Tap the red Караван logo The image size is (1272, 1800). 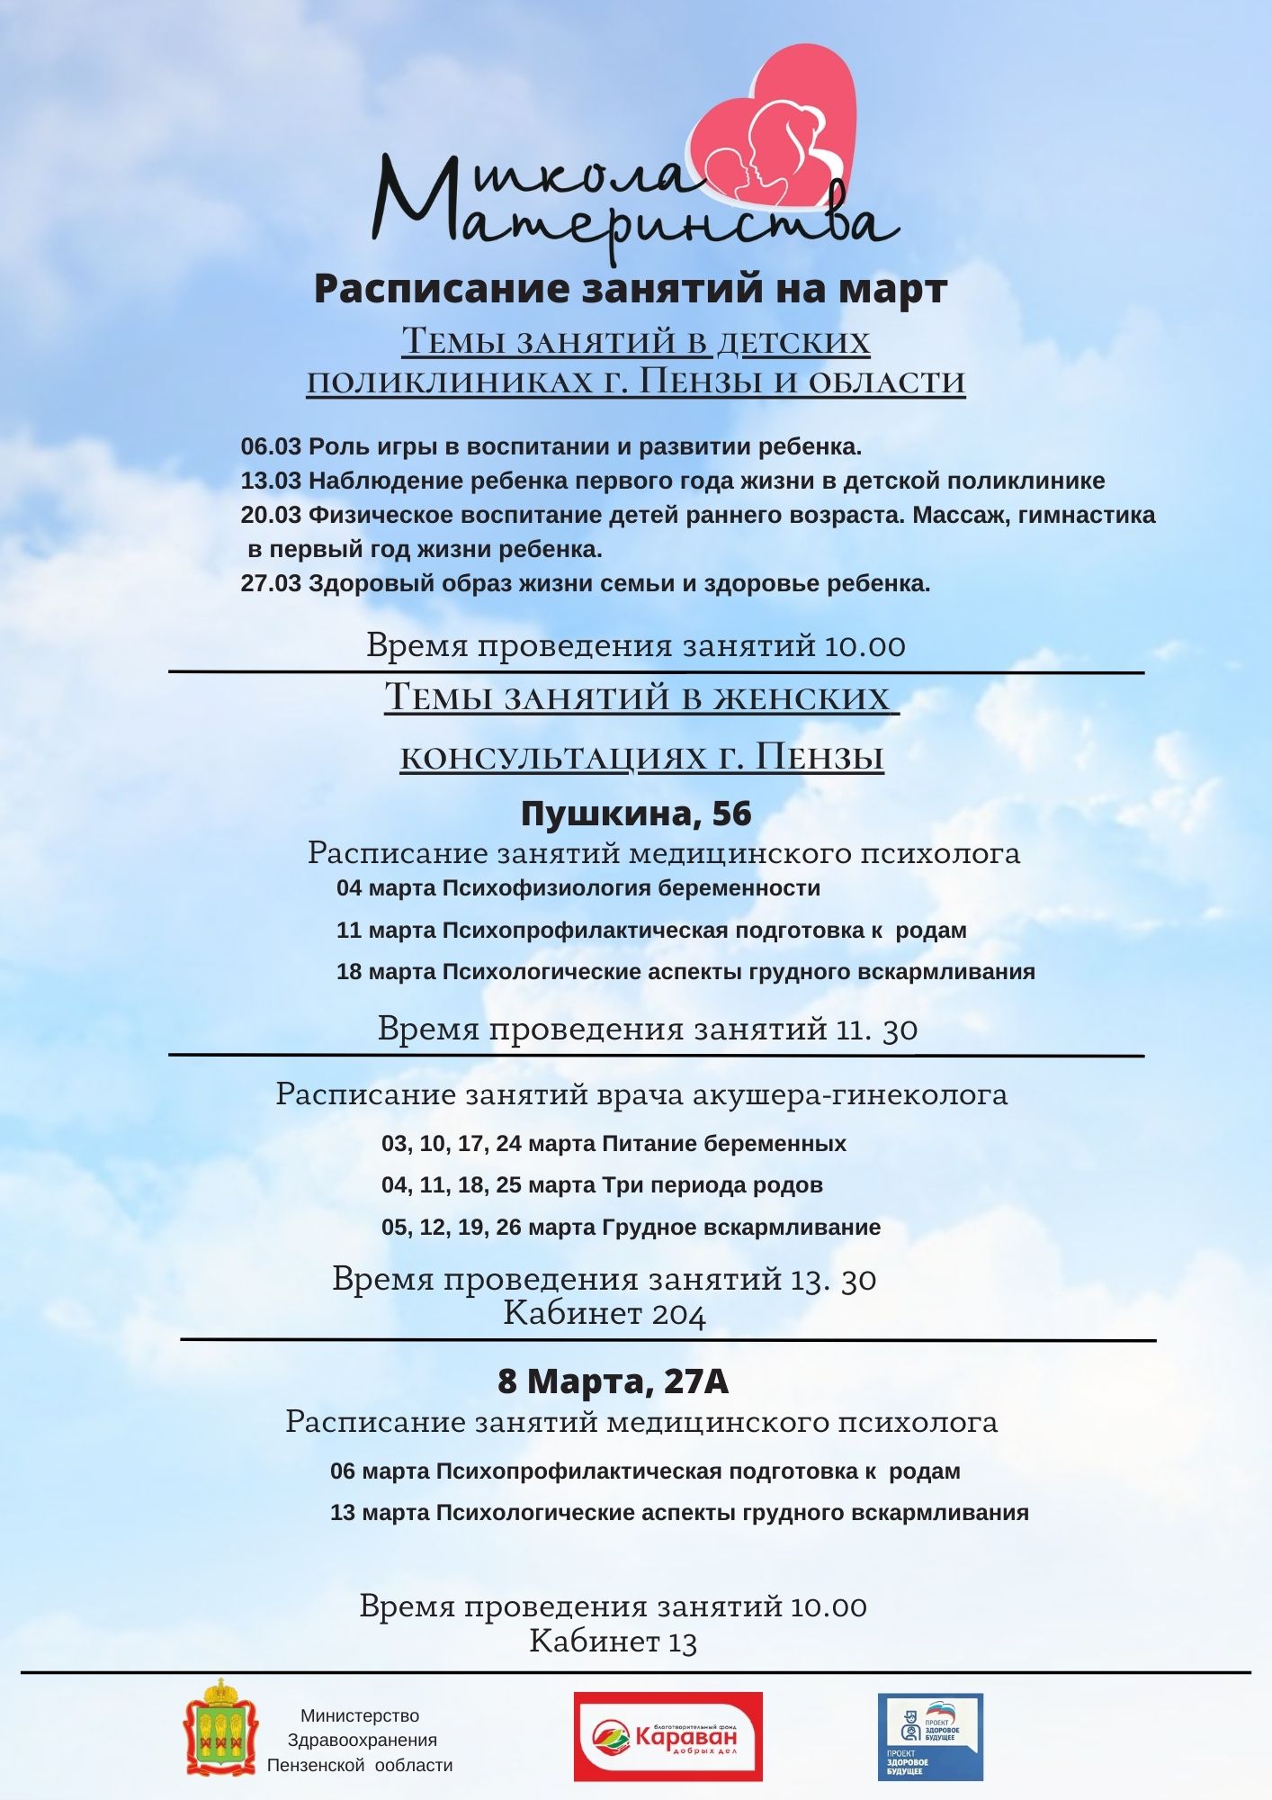pos(668,1736)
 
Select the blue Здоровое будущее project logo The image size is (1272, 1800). pos(930,1737)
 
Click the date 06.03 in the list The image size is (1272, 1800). pos(271,446)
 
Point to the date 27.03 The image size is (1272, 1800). pos(271,583)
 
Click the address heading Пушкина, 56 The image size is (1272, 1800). pos(636,814)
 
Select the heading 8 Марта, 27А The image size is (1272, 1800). pos(613,1381)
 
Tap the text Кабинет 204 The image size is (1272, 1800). pos(605,1313)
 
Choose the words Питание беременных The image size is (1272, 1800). pos(724,1144)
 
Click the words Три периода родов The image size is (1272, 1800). pos(712,1185)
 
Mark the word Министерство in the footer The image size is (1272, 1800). pos(360,1716)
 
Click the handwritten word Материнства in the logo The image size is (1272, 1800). pos(630,216)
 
